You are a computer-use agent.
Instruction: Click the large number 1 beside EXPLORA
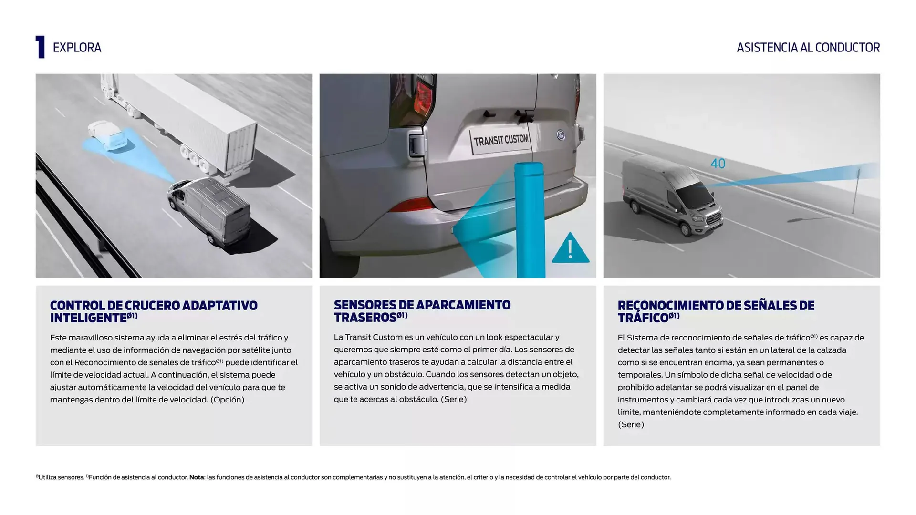click(41, 47)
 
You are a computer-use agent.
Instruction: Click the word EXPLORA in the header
click(77, 48)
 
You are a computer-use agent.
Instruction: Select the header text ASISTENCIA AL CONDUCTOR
click(808, 48)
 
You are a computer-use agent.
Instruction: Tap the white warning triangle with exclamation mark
click(571, 248)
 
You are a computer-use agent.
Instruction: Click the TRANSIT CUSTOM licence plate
click(501, 141)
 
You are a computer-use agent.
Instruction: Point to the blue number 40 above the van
click(718, 164)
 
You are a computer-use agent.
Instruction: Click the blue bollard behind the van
click(530, 220)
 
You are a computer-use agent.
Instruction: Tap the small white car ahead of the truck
click(108, 135)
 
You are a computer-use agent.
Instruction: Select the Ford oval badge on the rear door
click(561, 135)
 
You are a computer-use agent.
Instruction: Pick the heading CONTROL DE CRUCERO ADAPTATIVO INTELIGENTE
click(154, 312)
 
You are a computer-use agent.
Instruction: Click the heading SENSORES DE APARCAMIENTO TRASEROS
click(422, 311)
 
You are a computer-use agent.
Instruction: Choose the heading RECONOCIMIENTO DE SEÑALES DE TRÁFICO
click(716, 312)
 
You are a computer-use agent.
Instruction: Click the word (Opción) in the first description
click(227, 400)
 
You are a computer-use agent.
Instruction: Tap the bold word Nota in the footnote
click(197, 477)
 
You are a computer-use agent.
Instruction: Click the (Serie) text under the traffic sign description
click(631, 424)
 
